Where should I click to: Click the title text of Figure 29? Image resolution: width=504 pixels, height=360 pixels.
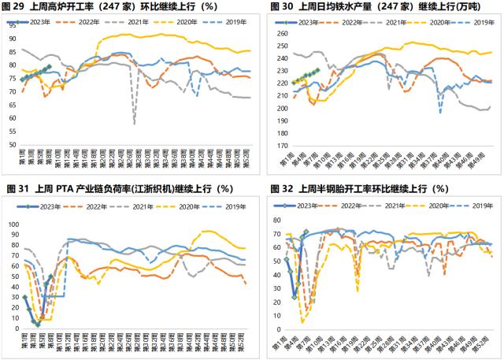pos(118,7)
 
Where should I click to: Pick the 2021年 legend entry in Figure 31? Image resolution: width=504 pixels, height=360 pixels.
pos(145,206)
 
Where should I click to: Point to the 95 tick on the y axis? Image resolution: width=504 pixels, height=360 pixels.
pos(11,25)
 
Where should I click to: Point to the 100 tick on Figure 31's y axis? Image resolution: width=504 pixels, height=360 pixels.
pos(11,224)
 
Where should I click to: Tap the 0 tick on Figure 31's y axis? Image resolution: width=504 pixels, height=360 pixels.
pos(15,328)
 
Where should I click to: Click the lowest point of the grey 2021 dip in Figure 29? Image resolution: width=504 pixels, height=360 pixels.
pos(135,124)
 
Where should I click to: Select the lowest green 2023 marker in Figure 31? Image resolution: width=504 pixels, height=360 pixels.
pos(37,324)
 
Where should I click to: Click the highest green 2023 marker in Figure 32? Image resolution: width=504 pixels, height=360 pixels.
pos(306,232)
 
